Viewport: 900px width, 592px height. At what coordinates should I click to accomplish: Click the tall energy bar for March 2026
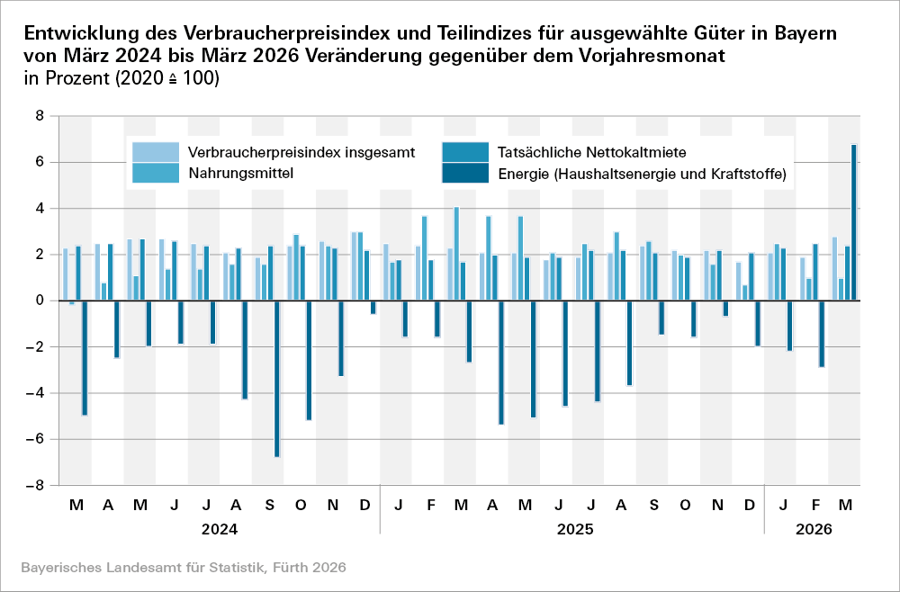pos(853,222)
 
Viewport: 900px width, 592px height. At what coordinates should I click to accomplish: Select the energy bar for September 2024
pos(277,379)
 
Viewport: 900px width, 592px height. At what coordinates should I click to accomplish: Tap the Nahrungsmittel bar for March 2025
pos(456,254)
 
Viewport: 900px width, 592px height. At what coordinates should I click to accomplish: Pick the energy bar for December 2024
pos(373,307)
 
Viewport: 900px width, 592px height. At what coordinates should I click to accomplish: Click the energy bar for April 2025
pos(501,362)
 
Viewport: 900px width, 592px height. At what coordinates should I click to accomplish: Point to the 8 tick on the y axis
pos(40,116)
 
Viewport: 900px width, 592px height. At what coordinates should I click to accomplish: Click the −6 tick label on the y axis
pos(36,439)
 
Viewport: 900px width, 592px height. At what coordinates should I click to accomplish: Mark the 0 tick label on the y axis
pos(40,300)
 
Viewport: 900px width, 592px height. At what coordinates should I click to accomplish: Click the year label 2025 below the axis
pos(574,530)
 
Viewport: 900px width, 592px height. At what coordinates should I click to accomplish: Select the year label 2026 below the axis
pos(814,530)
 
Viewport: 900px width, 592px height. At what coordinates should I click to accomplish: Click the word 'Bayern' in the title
pos(805,33)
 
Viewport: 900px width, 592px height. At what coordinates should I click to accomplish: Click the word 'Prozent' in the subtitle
pos(76,78)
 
